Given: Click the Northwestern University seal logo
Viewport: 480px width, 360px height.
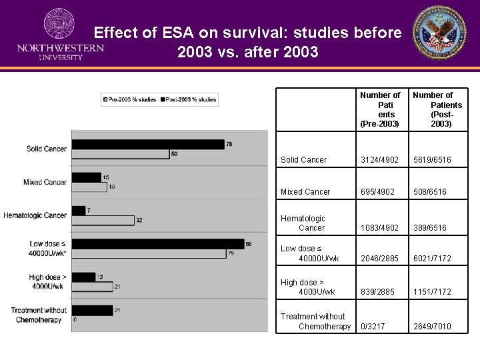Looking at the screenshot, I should click(59, 25).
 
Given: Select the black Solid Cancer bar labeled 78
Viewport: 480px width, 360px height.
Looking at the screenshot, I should click(148, 144).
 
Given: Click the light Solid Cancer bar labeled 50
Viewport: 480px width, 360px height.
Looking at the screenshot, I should click(120, 154).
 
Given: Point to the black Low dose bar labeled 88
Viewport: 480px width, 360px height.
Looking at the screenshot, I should click(157, 244).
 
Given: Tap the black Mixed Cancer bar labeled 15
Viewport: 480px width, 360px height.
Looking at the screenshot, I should click(86, 177).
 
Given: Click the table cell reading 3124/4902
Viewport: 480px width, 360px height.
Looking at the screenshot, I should click(379, 160).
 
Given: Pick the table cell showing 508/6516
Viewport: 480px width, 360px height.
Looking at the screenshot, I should click(430, 192).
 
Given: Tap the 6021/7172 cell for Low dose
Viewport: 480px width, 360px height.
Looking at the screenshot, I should click(432, 259).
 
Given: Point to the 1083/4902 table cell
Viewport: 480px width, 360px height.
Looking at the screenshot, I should click(379, 228).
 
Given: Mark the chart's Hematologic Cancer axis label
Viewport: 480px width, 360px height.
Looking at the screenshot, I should click(35, 215).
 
